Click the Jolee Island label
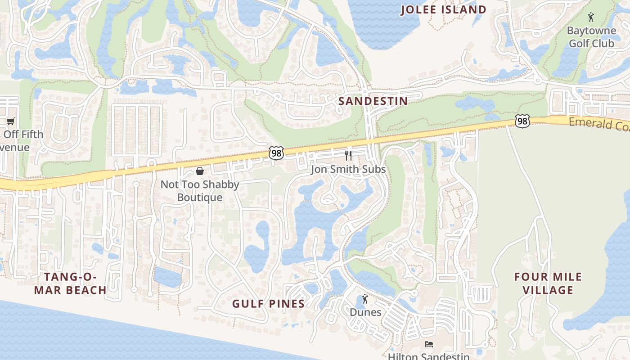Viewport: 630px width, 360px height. coord(443,9)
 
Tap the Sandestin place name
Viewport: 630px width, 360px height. coord(373,101)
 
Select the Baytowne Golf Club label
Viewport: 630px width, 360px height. coord(591,37)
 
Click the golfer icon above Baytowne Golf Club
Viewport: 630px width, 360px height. coord(591,18)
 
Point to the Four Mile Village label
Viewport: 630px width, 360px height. coord(548,283)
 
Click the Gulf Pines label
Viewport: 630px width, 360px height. coord(269,304)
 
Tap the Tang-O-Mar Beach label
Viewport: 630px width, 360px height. coord(70,283)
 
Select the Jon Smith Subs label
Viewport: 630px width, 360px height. coord(348,169)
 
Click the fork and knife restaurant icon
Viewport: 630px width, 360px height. coord(348,156)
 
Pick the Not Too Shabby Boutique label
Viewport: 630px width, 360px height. coord(200,191)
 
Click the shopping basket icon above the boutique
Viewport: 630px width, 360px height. coord(200,171)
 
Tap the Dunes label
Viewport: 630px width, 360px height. coord(365,312)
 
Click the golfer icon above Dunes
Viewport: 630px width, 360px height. coord(365,299)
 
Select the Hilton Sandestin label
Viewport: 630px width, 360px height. coord(428,356)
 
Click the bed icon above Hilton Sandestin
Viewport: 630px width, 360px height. coord(429,344)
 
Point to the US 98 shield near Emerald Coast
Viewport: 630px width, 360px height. coord(522,121)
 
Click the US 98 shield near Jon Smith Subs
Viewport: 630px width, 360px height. coord(276,153)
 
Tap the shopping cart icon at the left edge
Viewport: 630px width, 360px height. coord(10,121)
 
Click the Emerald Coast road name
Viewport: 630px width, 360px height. coord(599,124)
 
